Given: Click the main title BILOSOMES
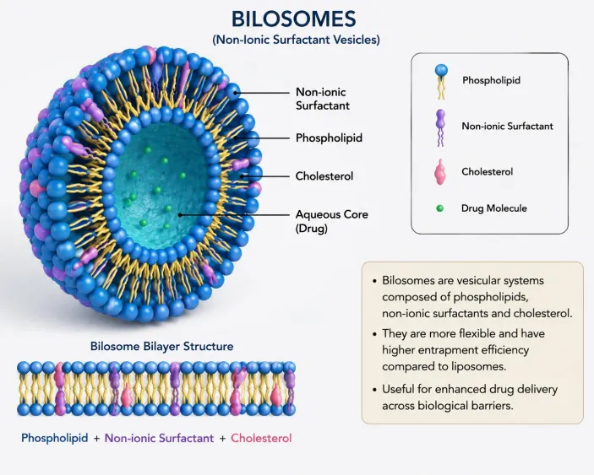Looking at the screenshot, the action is pos(294,19).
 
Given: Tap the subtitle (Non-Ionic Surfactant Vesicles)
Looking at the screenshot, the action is pos(296,40).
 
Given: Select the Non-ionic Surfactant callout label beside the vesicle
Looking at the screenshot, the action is pos(323,99).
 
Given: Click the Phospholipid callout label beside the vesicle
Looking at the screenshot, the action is pos(329,138).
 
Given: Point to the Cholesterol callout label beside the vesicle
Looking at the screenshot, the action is pos(324,175).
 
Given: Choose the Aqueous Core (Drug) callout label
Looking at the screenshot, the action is pos(332,221).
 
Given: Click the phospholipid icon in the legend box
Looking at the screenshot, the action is pos(441,81).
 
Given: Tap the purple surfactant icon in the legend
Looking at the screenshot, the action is pos(440,128).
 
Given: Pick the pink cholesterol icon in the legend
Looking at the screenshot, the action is pos(440,172).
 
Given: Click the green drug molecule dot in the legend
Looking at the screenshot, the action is pos(440,208).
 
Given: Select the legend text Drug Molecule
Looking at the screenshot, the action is pos(494,208).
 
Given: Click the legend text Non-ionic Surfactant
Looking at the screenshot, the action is pos(507,126).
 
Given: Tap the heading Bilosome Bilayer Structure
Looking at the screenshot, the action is pos(161,346).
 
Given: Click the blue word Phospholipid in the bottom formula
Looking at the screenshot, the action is pos(55,438).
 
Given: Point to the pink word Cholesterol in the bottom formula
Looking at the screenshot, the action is pos(261,438).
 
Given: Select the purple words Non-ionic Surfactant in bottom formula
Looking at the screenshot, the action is pos(159,438).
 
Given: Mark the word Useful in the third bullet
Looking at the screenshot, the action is pos(398,389).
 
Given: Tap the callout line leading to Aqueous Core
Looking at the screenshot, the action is pos(235,215).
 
